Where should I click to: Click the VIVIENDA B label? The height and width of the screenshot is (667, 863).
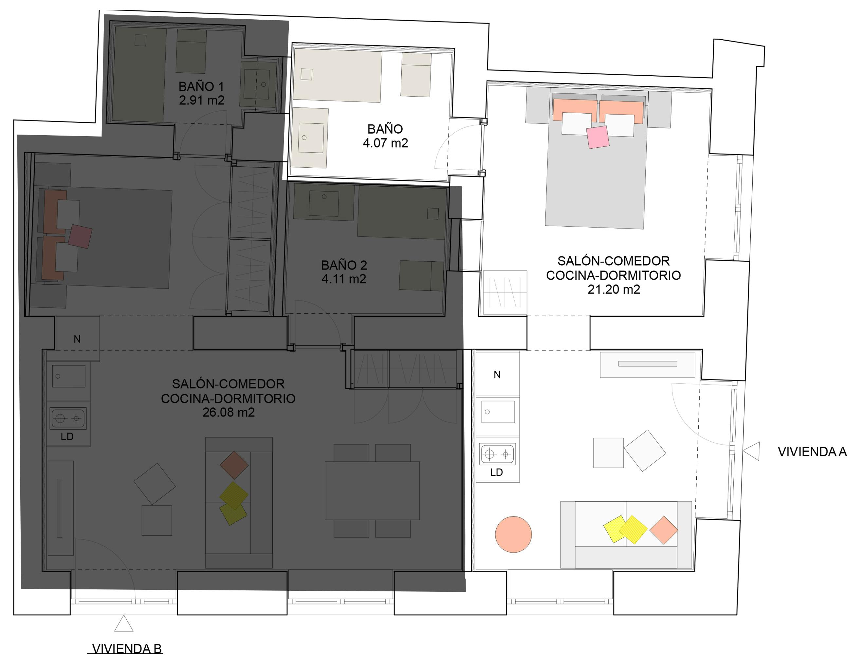point(127,648)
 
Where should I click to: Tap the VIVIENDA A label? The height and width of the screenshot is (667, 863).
point(812,452)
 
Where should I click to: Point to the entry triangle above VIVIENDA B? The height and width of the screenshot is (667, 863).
point(124,623)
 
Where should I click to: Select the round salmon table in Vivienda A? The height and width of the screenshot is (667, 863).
point(513,534)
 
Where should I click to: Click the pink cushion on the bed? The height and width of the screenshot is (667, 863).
point(598,137)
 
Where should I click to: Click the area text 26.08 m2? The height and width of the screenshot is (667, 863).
point(229,412)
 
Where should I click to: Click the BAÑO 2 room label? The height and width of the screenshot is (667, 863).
point(344,265)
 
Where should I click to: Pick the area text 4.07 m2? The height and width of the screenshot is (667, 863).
point(385,143)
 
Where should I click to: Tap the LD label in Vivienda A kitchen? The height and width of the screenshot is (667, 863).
point(496,472)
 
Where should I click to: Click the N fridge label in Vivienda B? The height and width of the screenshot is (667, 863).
point(77,339)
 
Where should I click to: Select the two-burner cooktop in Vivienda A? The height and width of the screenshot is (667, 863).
point(498,454)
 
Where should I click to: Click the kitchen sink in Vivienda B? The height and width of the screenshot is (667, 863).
point(69,376)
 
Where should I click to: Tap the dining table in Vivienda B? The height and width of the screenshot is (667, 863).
point(372,491)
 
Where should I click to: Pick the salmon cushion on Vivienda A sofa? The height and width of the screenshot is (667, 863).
point(664,530)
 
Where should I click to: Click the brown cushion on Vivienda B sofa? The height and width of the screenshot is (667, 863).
point(234,466)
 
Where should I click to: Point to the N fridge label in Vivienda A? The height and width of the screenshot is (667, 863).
point(497,375)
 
